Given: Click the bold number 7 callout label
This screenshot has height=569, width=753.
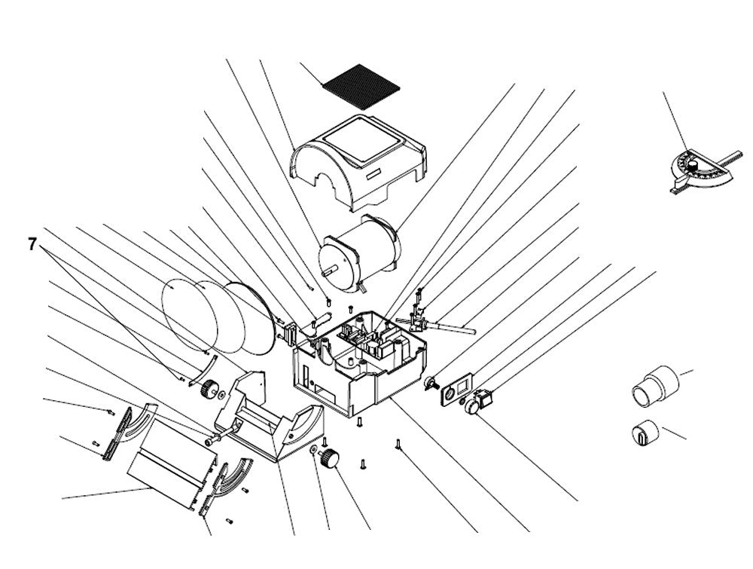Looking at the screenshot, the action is [x=32, y=244].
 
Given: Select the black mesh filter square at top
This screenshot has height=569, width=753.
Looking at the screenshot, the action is [x=361, y=86].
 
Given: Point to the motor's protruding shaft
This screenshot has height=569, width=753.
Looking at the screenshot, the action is [x=331, y=271].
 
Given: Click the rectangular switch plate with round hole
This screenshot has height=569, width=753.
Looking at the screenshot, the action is [x=456, y=388].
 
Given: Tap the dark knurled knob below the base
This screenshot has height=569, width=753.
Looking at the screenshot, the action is [x=330, y=457].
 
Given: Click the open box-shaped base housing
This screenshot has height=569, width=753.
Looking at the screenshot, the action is [x=358, y=362].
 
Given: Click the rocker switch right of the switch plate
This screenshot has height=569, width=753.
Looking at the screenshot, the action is [x=484, y=397].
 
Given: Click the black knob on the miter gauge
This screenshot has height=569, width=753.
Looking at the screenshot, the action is [x=692, y=165].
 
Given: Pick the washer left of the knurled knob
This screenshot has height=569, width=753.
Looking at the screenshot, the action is [x=313, y=450].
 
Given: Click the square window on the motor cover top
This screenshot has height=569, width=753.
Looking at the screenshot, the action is [x=362, y=139].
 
